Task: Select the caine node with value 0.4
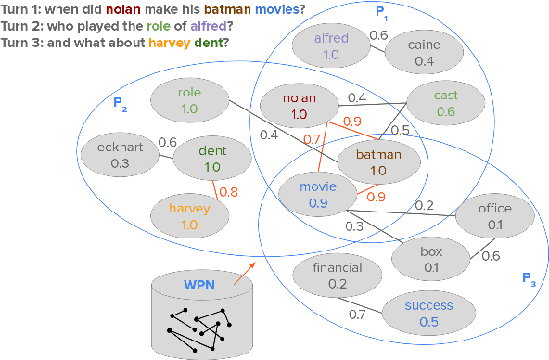pyautogui.click(x=424, y=52)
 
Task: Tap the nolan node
pyautogui.click(x=298, y=106)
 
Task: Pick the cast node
pyautogui.click(x=445, y=103)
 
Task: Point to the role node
pyautogui.click(x=189, y=101)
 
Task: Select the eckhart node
pyautogui.click(x=119, y=155)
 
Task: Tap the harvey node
pyautogui.click(x=190, y=215)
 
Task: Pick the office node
pyautogui.click(x=494, y=216)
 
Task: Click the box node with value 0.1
pyautogui.click(x=431, y=259)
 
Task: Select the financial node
pyautogui.click(x=337, y=276)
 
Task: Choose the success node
pyautogui.click(x=428, y=313)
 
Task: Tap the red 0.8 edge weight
pyautogui.click(x=227, y=193)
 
